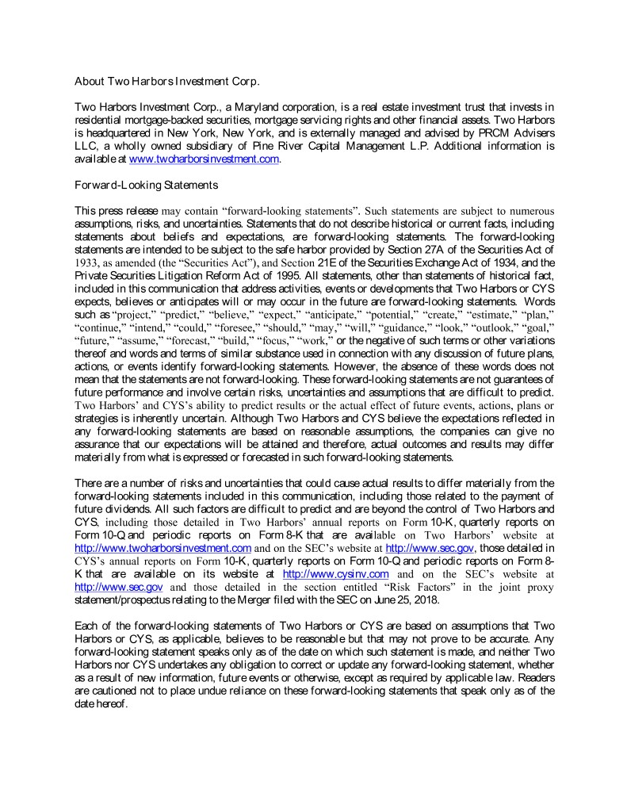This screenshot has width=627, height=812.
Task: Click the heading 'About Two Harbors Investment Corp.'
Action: pos(166,82)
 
